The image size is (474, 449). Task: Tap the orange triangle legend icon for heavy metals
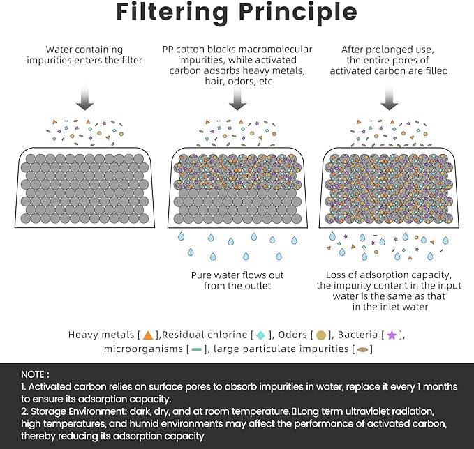point(147,335)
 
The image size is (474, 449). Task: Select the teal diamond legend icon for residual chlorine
point(260,335)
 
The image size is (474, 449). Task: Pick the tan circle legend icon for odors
point(322,335)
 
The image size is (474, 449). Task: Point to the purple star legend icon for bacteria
point(392,335)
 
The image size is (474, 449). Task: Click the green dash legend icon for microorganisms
point(196,349)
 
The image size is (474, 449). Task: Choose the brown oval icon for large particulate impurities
point(363,349)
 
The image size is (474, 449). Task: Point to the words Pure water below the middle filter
point(214,275)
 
